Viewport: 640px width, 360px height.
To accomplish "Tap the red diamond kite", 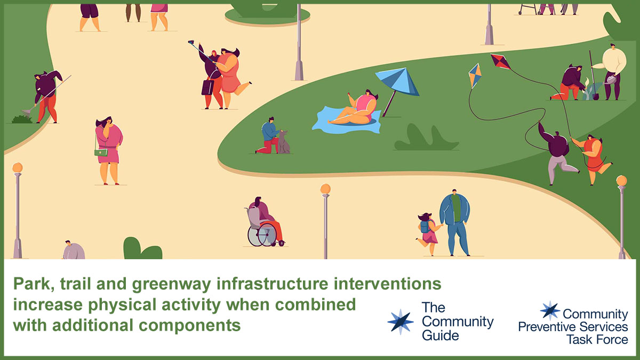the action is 500,61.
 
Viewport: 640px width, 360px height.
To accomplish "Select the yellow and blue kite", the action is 475,75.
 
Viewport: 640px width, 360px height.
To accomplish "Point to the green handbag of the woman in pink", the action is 101,153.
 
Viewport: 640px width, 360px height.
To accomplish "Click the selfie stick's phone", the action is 191,42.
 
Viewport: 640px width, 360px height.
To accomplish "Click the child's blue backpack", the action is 425,226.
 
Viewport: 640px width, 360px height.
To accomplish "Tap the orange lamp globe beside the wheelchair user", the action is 325,189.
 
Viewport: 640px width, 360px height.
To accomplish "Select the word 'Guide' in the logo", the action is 441,335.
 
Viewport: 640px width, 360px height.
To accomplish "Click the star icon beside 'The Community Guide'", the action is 401,322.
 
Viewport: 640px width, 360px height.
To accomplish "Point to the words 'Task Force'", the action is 597,340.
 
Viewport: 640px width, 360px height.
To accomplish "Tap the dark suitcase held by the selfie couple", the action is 207,87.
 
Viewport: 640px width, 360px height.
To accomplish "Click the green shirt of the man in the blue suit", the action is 456,207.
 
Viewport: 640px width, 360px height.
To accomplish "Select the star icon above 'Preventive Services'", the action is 550,310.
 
